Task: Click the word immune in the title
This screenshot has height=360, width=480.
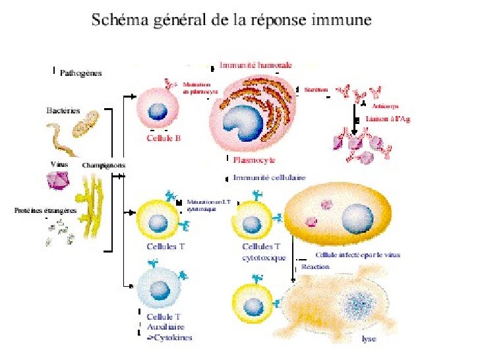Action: coord(341,20)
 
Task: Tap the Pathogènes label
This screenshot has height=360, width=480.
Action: coord(80,73)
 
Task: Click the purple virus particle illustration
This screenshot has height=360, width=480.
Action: coord(57,179)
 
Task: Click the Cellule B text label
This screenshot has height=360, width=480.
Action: coord(164,139)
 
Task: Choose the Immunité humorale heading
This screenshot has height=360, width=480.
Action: coord(256,65)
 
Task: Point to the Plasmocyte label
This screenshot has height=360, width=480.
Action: coord(253,160)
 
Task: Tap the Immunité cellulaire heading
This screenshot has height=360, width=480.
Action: coord(270,177)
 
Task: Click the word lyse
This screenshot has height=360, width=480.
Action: coord(369,340)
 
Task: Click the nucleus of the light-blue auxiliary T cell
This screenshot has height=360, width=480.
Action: coord(159,289)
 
